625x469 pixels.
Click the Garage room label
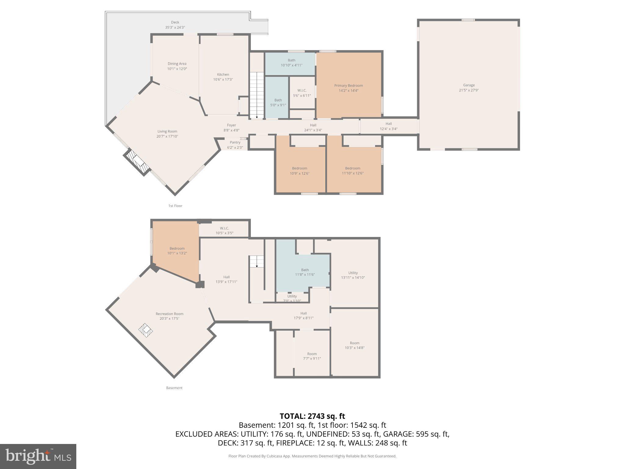tap(469, 85)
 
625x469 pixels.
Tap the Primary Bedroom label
tap(348, 85)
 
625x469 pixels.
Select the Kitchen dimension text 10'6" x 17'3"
tap(223, 79)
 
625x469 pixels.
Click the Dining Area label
tap(177, 64)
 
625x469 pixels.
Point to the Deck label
tap(175, 22)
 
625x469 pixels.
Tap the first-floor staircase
tap(257, 95)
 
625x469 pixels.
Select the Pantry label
tap(235, 142)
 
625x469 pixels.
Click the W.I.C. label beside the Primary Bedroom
tap(302, 90)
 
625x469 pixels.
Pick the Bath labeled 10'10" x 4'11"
tap(291, 63)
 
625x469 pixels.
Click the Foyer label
tap(231, 125)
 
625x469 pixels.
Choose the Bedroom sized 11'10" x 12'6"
tap(352, 171)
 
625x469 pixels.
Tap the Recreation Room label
tap(169, 314)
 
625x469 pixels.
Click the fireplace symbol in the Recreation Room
tap(146, 330)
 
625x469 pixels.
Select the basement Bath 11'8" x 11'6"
tap(305, 272)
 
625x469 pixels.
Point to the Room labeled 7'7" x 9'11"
tap(312, 356)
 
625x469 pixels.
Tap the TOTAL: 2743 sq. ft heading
tap(312, 416)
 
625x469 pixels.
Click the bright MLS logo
tap(38, 456)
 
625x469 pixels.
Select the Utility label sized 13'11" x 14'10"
tap(353, 275)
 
